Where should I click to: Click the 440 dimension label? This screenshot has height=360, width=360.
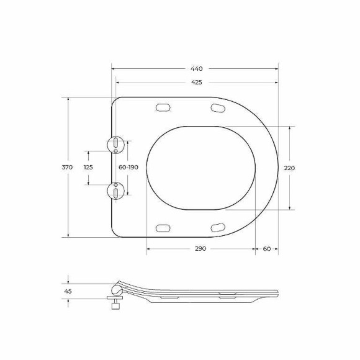click(197, 69)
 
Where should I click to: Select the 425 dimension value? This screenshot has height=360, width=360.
click(197, 83)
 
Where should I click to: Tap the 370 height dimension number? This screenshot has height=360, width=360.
click(68, 168)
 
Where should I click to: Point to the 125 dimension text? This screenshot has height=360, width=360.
click(88, 168)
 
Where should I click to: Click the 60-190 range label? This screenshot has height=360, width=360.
click(128, 168)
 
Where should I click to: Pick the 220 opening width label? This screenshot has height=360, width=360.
click(289, 168)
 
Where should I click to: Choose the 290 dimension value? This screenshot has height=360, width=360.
click(200, 248)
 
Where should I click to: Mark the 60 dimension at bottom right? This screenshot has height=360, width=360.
click(267, 248)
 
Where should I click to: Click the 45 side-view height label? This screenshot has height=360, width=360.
click(68, 290)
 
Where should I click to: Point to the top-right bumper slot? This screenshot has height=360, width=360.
click(218, 109)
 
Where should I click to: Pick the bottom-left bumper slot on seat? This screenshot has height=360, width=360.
click(163, 227)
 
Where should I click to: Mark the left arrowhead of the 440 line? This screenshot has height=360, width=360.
click(113, 69)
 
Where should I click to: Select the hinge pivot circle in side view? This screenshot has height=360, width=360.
click(115, 289)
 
